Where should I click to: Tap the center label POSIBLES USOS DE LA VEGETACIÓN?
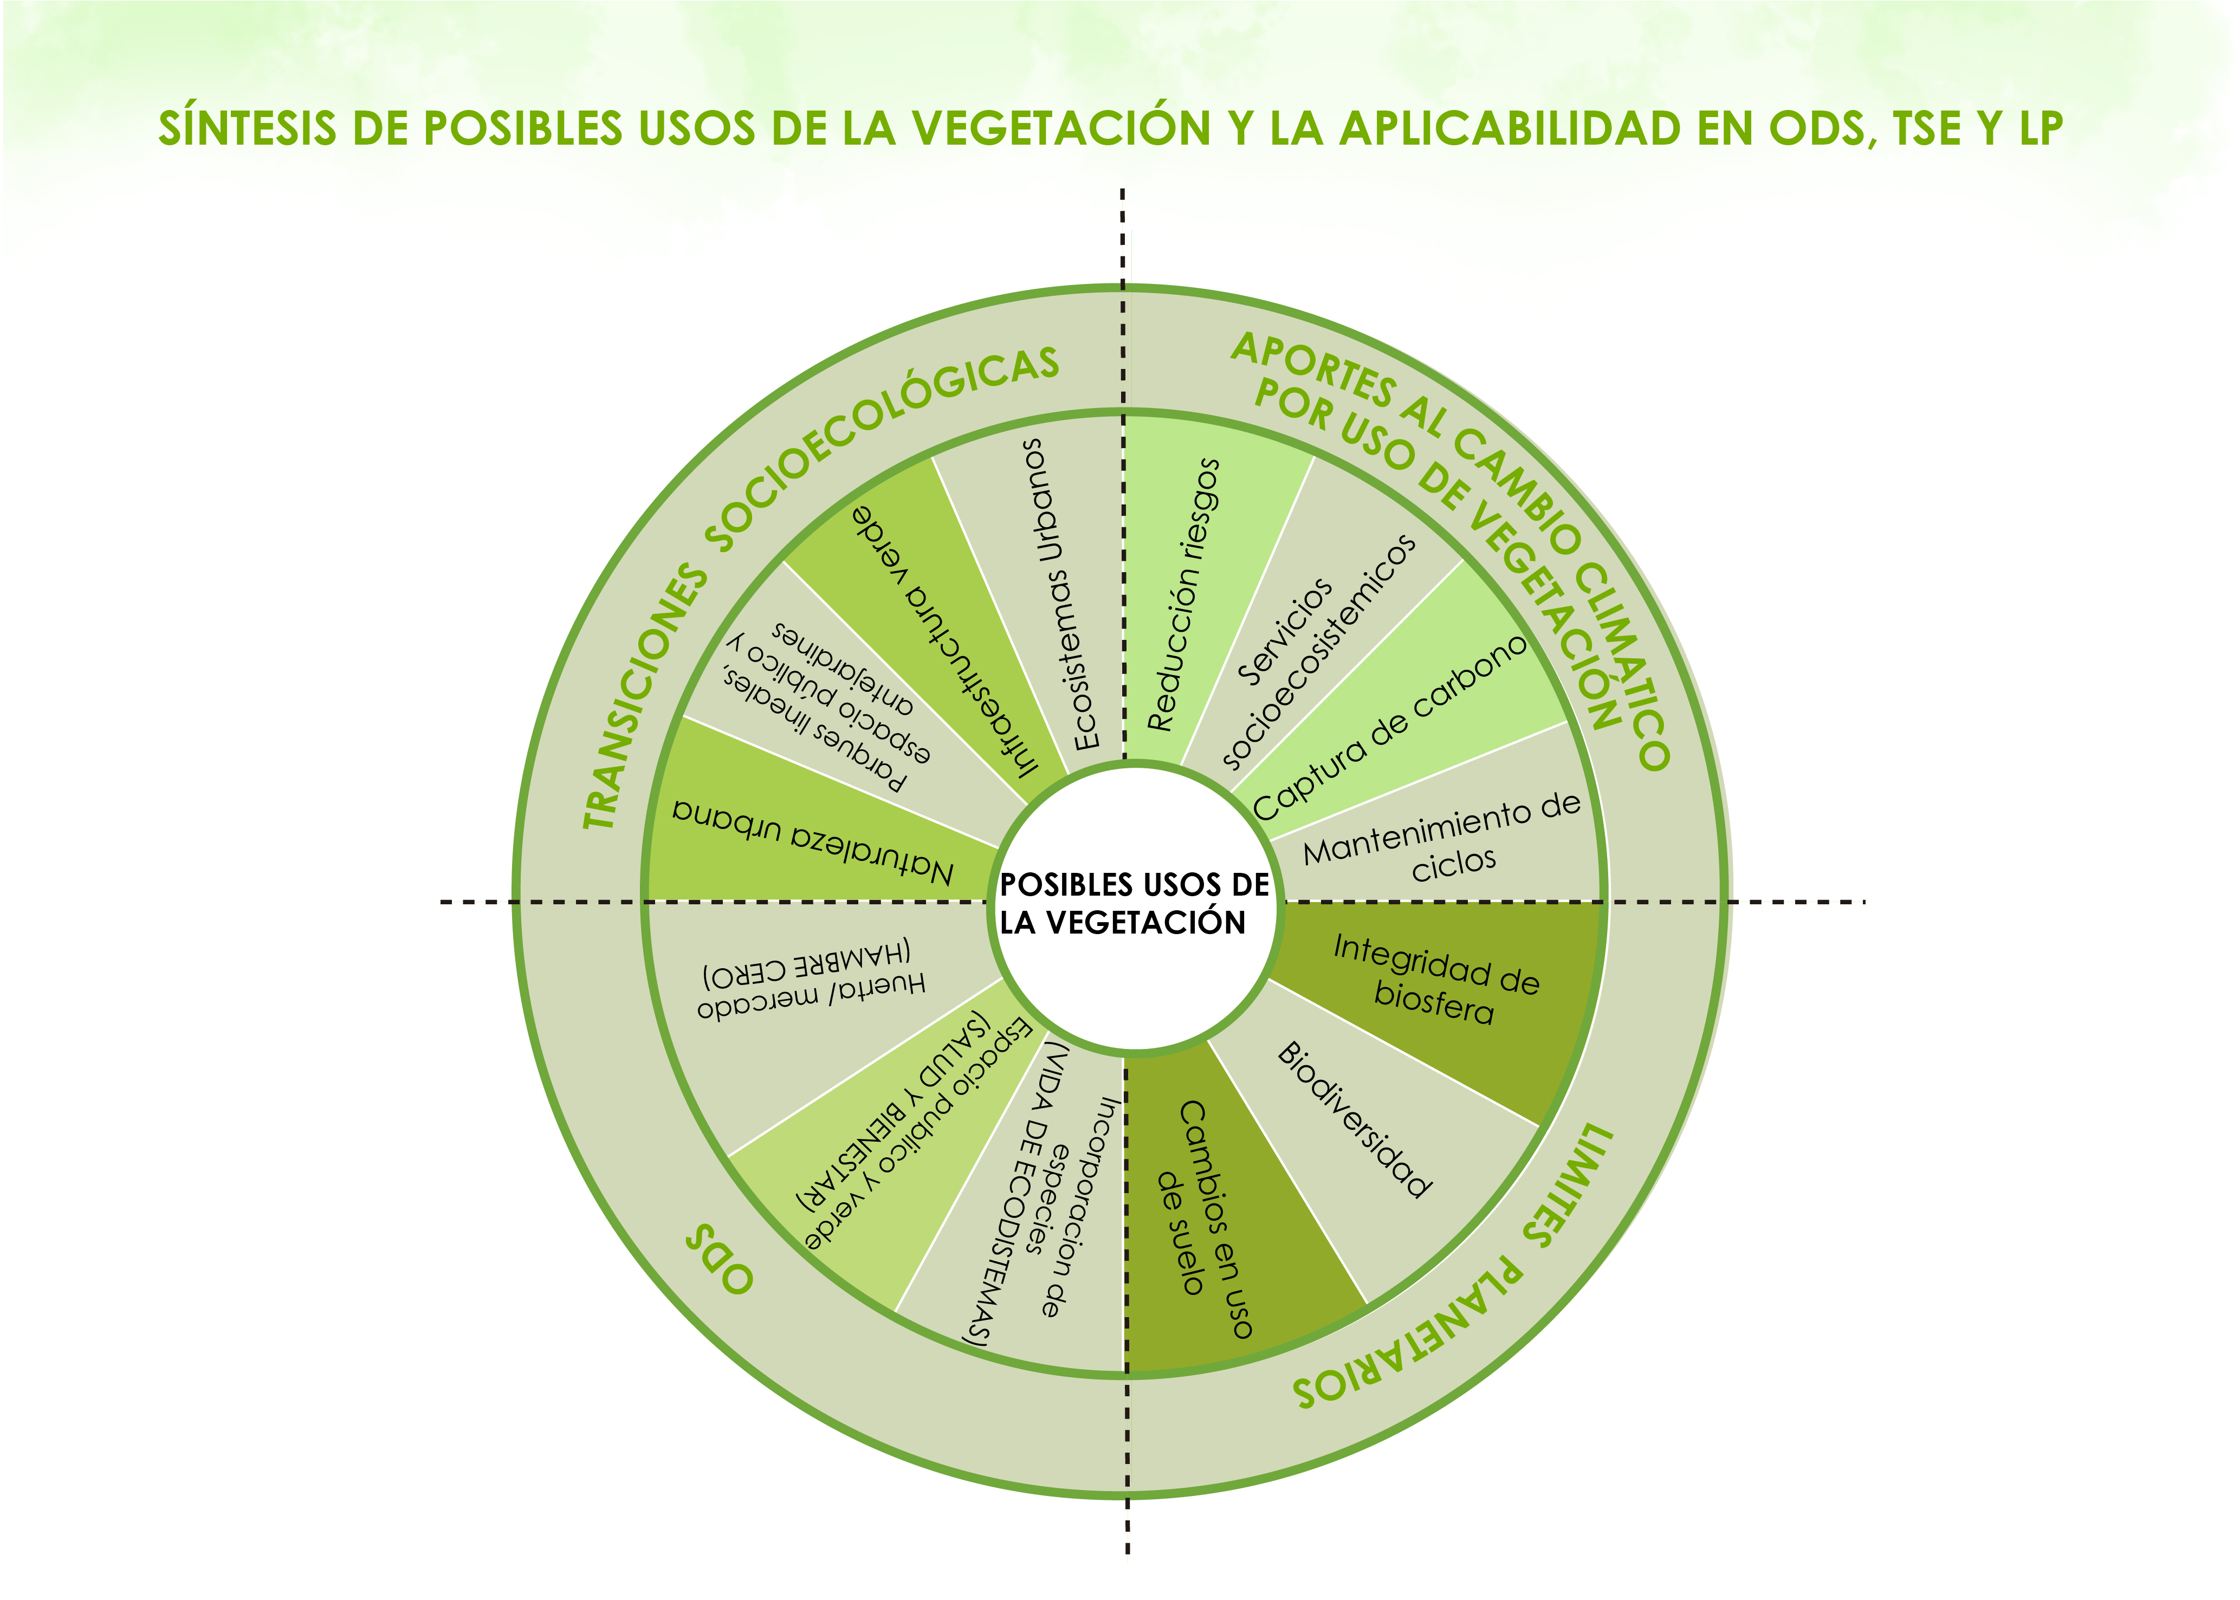[1135, 903]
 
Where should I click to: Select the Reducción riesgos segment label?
[1184, 595]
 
